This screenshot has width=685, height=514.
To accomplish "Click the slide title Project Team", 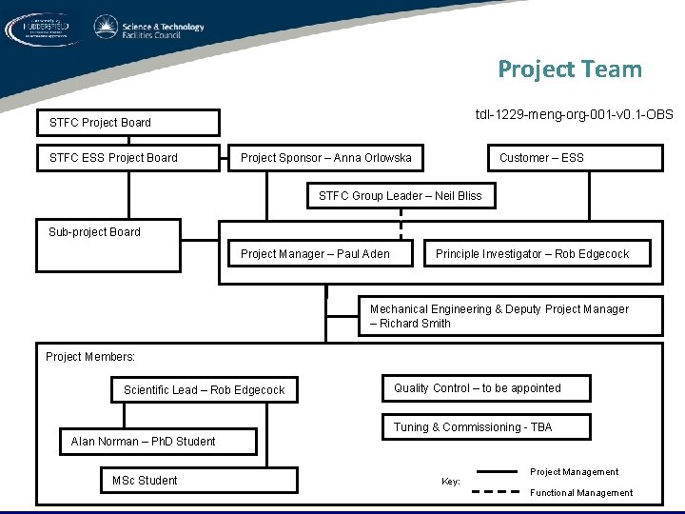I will point(569,69).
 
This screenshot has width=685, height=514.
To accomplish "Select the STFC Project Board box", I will point(127,123).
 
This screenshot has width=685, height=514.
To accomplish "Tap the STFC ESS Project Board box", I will point(127,158).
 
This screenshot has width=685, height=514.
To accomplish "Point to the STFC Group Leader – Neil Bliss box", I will point(400,196).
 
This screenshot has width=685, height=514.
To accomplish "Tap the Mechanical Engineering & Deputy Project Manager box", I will point(510,316).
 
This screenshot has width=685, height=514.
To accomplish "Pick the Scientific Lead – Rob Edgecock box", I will point(204,390).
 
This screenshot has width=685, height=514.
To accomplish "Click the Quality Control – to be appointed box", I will point(485,388).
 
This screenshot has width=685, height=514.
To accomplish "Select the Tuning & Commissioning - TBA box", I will point(485,427).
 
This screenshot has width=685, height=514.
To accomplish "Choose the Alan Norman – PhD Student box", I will point(146,442).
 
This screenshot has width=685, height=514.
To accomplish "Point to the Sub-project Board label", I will point(94,232).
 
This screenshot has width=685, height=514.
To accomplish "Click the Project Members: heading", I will point(90,357).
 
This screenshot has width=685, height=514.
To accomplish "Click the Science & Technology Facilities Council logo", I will point(148,30).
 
